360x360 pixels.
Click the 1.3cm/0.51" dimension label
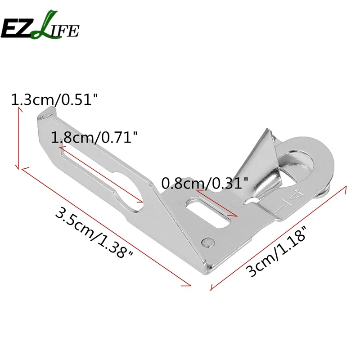54,99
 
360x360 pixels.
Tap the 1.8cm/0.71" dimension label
94,138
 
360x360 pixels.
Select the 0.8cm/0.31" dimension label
205,183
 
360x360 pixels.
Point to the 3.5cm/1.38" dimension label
94,232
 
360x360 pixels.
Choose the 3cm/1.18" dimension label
277,251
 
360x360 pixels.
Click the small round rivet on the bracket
208,242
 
